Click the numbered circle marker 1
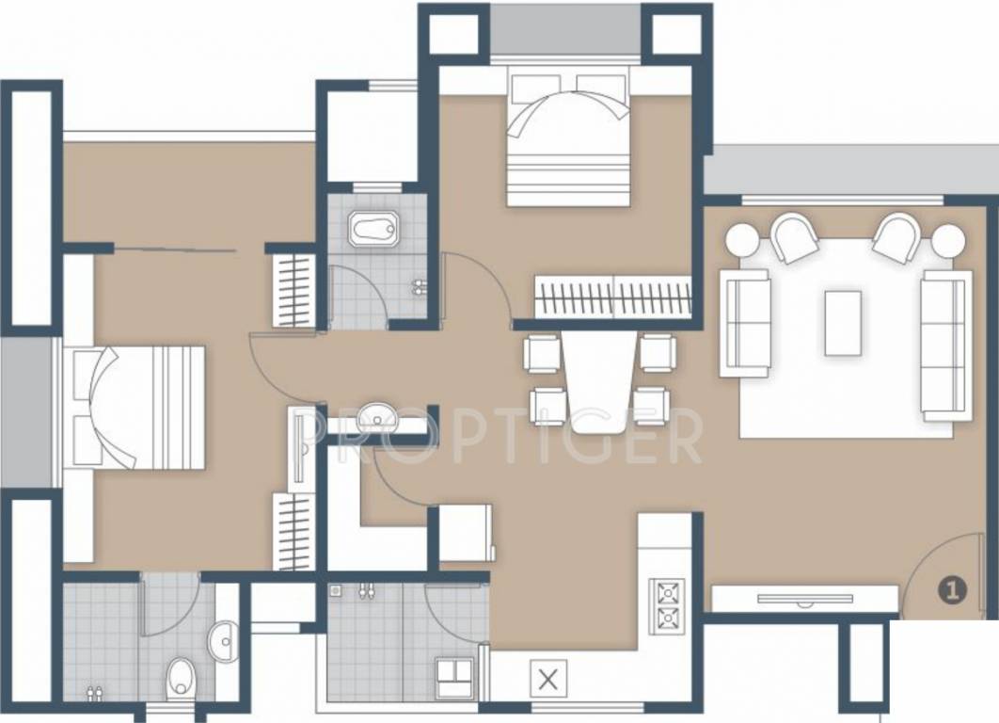click(951, 590)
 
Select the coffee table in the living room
click(842, 323)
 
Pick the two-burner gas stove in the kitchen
click(667, 605)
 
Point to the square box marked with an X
click(550, 677)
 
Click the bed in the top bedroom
click(568, 139)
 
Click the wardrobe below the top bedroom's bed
click(613, 296)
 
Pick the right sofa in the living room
click(944, 344)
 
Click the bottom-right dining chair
click(651, 406)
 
